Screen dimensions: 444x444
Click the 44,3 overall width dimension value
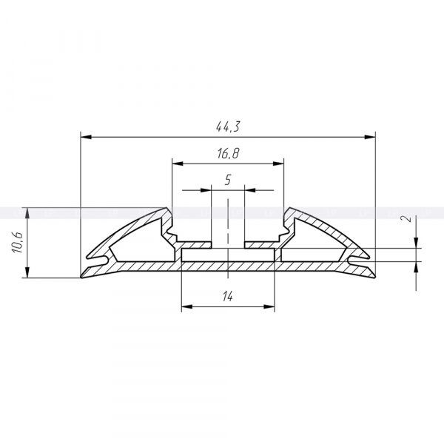tap(228, 127)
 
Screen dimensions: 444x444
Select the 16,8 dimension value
tap(228, 153)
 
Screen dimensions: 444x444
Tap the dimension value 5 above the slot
tap(228, 180)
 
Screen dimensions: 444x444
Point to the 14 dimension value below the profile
tap(228, 296)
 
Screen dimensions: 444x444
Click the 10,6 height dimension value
tap(17, 243)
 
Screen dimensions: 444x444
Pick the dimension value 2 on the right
tap(408, 218)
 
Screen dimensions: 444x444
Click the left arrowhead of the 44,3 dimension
tap(86, 137)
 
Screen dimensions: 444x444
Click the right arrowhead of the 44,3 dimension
tap(370, 137)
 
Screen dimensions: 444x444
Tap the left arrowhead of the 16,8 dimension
tap(178, 164)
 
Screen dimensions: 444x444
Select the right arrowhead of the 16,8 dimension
tap(278, 164)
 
